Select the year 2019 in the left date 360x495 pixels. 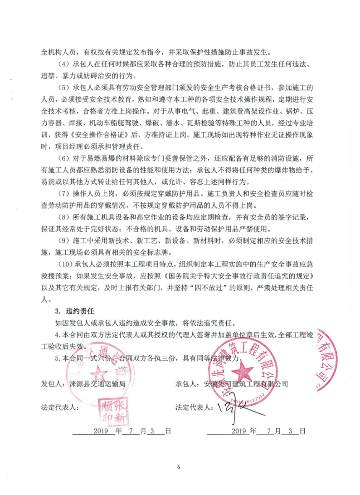(101, 431)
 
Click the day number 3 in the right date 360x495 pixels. (291, 431)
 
